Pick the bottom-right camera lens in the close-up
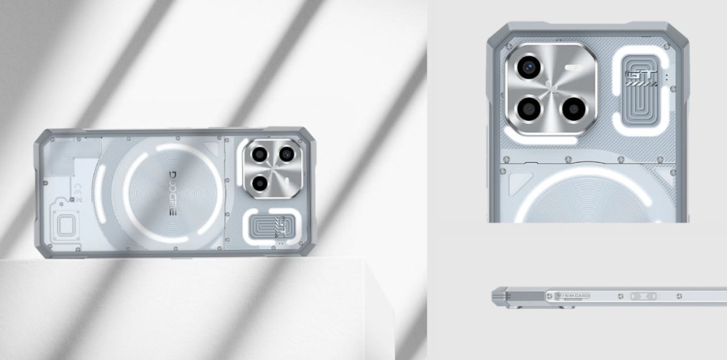click(x=572, y=109)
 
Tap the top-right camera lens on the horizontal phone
click(x=286, y=153)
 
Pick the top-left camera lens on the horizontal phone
click(x=256, y=153)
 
